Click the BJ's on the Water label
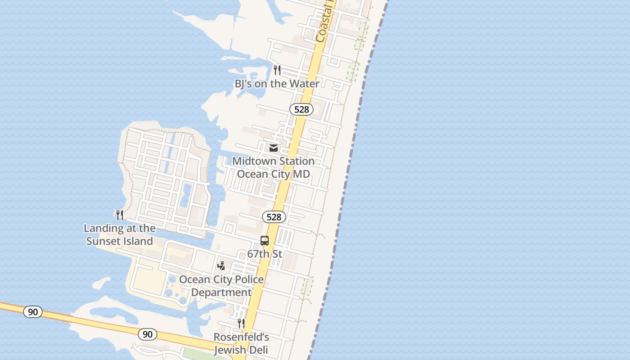tap(277, 84)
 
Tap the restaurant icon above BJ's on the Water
tap(277, 70)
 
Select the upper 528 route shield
tap(301, 109)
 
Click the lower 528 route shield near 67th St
tap(274, 217)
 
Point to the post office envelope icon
tap(273, 148)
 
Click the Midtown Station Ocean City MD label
tap(273, 167)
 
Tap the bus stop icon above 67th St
tap(265, 241)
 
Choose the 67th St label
tap(265, 254)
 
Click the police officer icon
tap(221, 266)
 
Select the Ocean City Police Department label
tap(221, 286)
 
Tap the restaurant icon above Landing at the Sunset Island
tap(120, 215)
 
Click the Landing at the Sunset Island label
tap(120, 234)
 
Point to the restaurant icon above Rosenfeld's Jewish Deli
tap(241, 323)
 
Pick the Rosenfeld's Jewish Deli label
tap(241, 343)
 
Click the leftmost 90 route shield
tap(33, 311)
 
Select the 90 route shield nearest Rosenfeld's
tap(148, 334)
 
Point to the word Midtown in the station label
tap(253, 161)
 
